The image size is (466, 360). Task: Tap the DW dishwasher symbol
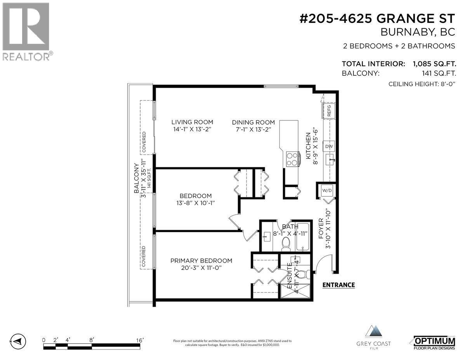[x=329, y=146]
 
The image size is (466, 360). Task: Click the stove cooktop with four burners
[x=293, y=158]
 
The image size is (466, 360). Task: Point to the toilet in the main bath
[x=286, y=243]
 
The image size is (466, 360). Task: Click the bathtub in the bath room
[x=303, y=238]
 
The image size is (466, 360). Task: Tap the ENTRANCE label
[x=339, y=285]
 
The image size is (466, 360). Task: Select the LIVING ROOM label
[x=192, y=122]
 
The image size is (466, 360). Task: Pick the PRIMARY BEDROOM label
[x=201, y=261]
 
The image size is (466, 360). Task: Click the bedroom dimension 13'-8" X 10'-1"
[x=195, y=203]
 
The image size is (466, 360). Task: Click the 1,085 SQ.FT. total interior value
[x=431, y=64]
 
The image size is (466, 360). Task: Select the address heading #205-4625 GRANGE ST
[x=377, y=20]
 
